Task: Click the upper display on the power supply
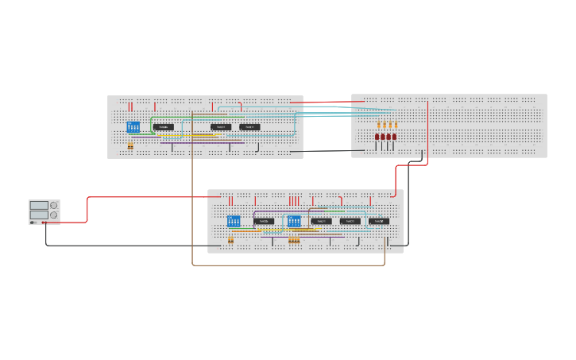(x=39, y=206)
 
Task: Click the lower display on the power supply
(x=39, y=215)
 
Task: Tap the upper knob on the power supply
(x=54, y=206)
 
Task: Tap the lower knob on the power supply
(x=54, y=215)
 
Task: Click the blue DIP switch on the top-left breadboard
(x=133, y=127)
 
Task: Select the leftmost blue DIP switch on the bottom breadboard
(x=234, y=221)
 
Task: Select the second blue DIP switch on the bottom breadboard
(x=294, y=221)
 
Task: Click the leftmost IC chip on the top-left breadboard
(x=164, y=127)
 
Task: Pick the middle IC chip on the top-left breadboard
(x=221, y=127)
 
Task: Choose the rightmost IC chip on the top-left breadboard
(x=249, y=127)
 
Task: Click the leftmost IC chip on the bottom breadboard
(x=264, y=221)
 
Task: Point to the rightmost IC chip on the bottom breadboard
(x=379, y=221)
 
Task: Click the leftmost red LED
(x=377, y=137)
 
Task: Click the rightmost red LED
(x=394, y=137)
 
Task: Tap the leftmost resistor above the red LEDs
(x=380, y=125)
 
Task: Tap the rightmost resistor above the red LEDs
(x=396, y=125)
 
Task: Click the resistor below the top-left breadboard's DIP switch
(x=130, y=145)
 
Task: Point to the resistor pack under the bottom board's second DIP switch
(x=294, y=239)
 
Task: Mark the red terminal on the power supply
(x=43, y=223)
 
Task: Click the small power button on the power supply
(x=33, y=223)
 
